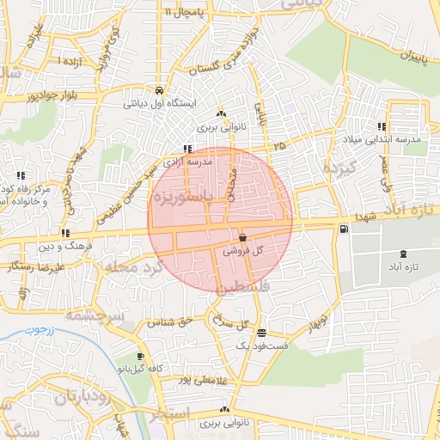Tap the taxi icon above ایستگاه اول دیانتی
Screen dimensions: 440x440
[x=160, y=89]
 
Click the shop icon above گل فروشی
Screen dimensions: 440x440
[x=242, y=237]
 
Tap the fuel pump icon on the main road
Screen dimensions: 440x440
[x=344, y=229]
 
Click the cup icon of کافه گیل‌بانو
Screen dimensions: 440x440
[x=141, y=356]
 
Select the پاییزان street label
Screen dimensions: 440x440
[x=413, y=57]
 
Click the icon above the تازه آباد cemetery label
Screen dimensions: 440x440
[x=404, y=254]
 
